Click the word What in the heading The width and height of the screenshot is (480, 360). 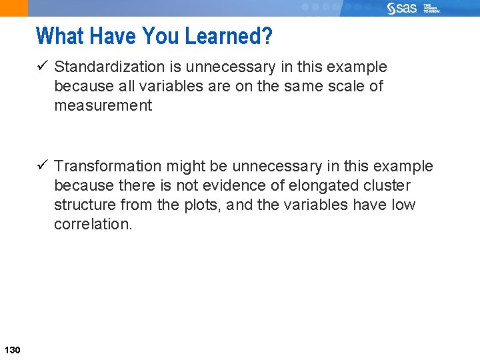(x=58, y=36)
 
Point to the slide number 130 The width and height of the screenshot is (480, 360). (x=12, y=351)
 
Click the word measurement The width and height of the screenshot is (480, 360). (x=103, y=106)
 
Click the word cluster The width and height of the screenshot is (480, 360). (x=387, y=185)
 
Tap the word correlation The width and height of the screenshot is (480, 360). (x=93, y=225)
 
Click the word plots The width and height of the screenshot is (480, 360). (x=205, y=205)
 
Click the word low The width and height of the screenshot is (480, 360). (x=403, y=205)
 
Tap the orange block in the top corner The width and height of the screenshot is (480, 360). (x=14, y=8)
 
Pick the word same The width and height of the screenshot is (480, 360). (x=306, y=87)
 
